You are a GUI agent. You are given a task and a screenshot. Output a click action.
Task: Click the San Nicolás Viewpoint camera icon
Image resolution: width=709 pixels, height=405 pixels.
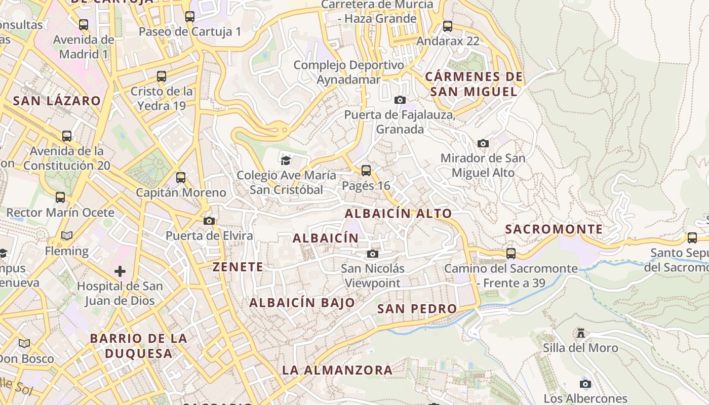click(x=373, y=254)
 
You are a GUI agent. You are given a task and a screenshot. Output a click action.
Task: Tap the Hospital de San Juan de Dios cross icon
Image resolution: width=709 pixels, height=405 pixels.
click(x=120, y=271)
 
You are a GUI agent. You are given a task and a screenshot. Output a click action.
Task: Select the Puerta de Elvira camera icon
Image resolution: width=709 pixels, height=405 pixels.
click(x=209, y=221)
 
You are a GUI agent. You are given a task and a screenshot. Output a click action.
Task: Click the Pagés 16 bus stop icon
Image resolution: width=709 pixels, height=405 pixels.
click(x=366, y=171)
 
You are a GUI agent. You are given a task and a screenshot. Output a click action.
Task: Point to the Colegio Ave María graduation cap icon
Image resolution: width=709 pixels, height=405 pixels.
click(x=286, y=160)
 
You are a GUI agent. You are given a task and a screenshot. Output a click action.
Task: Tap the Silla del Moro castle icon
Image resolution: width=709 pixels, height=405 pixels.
click(x=581, y=333)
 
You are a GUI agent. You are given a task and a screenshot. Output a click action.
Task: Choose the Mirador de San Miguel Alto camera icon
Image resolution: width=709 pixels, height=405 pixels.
click(x=483, y=143)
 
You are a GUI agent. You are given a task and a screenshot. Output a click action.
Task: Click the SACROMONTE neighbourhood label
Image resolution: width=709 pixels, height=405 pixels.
click(x=554, y=229)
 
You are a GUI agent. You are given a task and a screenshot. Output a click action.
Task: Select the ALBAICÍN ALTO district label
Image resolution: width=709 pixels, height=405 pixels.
click(x=398, y=214)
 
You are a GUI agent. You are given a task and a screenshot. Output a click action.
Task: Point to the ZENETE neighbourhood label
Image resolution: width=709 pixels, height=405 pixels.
click(x=238, y=267)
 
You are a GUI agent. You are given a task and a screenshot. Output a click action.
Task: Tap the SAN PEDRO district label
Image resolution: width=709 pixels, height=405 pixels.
click(x=417, y=309)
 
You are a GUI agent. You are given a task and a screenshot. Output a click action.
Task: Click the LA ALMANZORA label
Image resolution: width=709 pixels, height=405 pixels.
click(x=337, y=370)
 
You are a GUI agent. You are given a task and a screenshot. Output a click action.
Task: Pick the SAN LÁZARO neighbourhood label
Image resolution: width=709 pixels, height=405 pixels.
click(x=57, y=101)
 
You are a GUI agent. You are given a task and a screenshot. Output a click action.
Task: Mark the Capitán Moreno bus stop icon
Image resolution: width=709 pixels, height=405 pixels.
click(x=181, y=178)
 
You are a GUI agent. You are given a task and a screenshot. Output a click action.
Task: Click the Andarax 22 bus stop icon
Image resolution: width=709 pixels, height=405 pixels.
click(x=448, y=26)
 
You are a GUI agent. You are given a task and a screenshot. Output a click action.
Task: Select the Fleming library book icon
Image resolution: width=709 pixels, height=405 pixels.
click(x=67, y=235)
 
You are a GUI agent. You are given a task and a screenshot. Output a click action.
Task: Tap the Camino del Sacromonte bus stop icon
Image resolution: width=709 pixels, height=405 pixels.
click(x=511, y=254)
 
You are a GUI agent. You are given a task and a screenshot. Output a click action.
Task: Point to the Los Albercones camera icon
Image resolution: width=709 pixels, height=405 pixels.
click(x=585, y=384)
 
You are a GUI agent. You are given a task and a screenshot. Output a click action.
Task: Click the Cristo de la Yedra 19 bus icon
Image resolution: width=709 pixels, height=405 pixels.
click(x=162, y=76)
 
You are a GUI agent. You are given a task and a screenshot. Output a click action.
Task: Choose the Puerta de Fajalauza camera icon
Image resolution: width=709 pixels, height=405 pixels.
click(x=400, y=100)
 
